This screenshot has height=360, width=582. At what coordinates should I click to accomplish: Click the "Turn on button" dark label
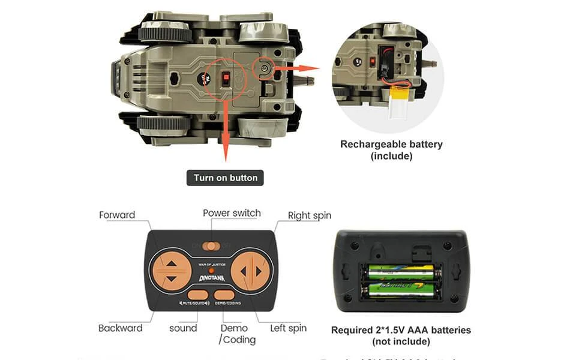[225, 178]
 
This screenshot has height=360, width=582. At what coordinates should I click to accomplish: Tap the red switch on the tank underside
[226, 79]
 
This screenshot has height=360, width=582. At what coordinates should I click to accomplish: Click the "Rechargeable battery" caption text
[391, 144]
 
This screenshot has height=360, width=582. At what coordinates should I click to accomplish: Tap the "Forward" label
[117, 215]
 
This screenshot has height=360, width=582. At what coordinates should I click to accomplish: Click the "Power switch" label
[232, 213]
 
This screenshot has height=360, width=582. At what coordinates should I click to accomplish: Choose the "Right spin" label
[310, 215]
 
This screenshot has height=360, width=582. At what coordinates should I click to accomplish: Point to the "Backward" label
[121, 328]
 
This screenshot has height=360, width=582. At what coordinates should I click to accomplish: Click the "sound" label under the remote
[183, 328]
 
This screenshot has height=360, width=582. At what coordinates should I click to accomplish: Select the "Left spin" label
[288, 328]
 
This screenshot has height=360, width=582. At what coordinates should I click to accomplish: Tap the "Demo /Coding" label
[237, 334]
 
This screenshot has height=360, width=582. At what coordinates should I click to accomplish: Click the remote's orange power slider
[211, 246]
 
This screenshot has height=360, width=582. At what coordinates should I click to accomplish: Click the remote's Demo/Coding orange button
[224, 295]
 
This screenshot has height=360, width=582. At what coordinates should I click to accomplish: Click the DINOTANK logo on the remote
[212, 278]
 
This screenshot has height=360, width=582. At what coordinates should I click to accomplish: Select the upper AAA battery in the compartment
[401, 272]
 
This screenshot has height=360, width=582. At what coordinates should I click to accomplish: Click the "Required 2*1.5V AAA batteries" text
[401, 330]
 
